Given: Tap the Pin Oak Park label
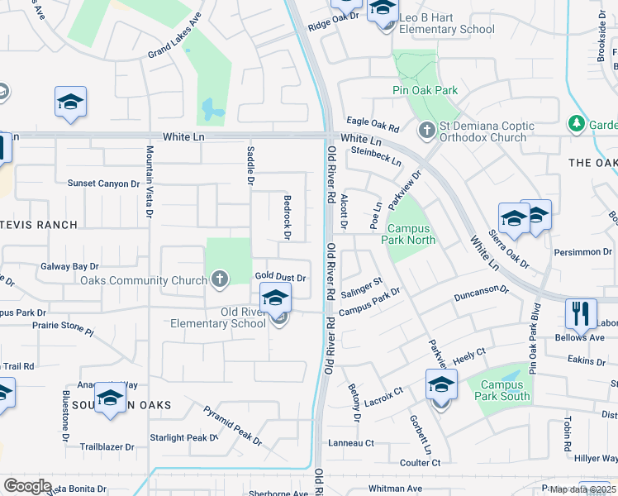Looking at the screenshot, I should coord(425,89).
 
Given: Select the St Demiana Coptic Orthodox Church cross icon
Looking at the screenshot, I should coord(426,130).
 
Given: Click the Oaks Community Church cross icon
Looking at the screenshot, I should coord(220,279).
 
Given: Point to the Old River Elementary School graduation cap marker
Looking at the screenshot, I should coord(276,298).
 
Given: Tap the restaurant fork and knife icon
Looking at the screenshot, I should coord(581,313).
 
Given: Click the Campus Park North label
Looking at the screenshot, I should coord(408,234).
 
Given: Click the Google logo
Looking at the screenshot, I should coord(27,486).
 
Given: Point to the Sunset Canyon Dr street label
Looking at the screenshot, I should coord(103,184).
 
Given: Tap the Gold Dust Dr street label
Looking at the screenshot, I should coord(281,278).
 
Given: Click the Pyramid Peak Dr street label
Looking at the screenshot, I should coord(232,426).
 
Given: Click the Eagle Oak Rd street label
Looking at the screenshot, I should coord(373,122).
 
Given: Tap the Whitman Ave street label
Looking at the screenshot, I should coord(396,489).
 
